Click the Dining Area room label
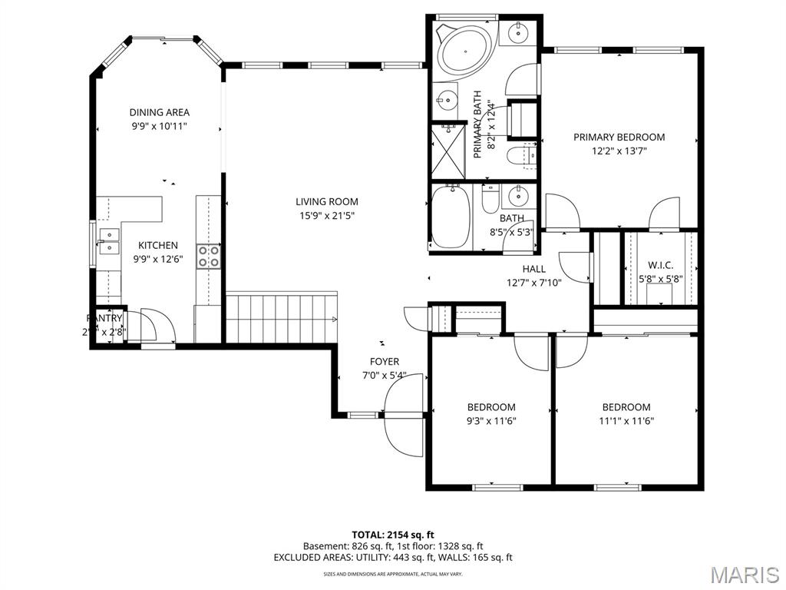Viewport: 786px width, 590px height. pos(159,112)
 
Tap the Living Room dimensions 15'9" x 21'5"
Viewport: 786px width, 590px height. pos(327,216)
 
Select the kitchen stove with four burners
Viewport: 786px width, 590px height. pos(209,257)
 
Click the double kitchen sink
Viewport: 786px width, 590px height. pos(108,241)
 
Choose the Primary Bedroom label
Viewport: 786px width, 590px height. pos(619,137)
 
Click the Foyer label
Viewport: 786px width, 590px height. pos(384,362)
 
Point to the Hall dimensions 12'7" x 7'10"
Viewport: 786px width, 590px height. pos(534,282)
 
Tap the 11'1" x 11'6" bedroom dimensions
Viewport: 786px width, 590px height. pos(626,421)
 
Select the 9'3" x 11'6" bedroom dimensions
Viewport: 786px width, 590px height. pos(491,421)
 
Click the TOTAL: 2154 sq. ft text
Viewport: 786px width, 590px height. pos(393,534)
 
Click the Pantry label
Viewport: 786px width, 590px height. pos(104,318)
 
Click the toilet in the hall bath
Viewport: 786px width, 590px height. pos(490,200)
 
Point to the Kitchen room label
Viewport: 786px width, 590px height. pos(158,245)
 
